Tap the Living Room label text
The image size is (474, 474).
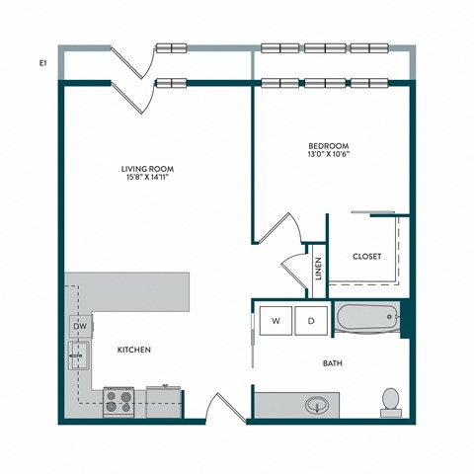(x=149, y=169)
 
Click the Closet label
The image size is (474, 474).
(x=367, y=256)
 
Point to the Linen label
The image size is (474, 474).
(x=318, y=270)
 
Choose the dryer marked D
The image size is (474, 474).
(x=311, y=321)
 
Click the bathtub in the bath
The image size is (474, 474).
(x=367, y=319)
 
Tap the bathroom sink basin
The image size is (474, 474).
(x=316, y=405)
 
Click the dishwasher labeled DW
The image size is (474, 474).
(x=80, y=325)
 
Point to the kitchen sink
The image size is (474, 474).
(x=79, y=354)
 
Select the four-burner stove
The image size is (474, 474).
(x=120, y=402)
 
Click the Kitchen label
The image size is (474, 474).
(x=134, y=351)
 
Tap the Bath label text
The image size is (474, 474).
(x=333, y=363)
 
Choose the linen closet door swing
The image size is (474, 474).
(x=295, y=269)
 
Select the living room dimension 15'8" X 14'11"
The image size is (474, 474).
(x=149, y=179)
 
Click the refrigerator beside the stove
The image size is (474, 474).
(x=164, y=401)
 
